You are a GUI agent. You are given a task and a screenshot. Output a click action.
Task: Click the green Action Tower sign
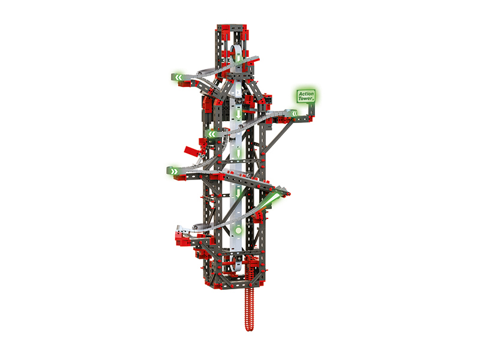[x=306, y=96]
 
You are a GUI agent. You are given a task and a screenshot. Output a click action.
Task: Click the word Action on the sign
[x=306, y=94]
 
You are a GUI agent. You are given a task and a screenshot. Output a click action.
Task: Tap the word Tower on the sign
[x=306, y=98]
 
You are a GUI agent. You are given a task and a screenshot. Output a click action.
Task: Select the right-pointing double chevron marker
[x=174, y=171]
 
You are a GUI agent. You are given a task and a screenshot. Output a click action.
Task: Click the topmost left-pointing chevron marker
[x=178, y=77]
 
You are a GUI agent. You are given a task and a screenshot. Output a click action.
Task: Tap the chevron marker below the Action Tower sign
[x=294, y=114]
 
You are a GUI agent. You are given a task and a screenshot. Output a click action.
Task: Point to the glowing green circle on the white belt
[x=238, y=230]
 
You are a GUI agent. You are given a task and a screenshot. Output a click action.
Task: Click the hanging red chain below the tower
[x=250, y=309]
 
